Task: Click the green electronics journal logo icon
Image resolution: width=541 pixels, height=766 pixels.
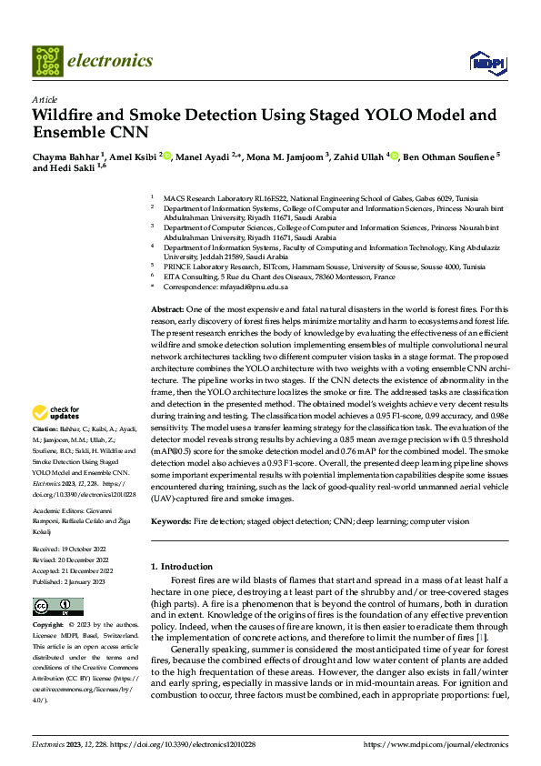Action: (x=48, y=61)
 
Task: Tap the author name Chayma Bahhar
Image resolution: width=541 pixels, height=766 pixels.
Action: (x=65, y=156)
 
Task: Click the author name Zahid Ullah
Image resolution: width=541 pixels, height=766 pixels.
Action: (x=360, y=156)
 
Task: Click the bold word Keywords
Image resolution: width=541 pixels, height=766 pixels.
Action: (x=171, y=521)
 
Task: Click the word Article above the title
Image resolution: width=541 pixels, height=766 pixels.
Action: (x=45, y=99)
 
